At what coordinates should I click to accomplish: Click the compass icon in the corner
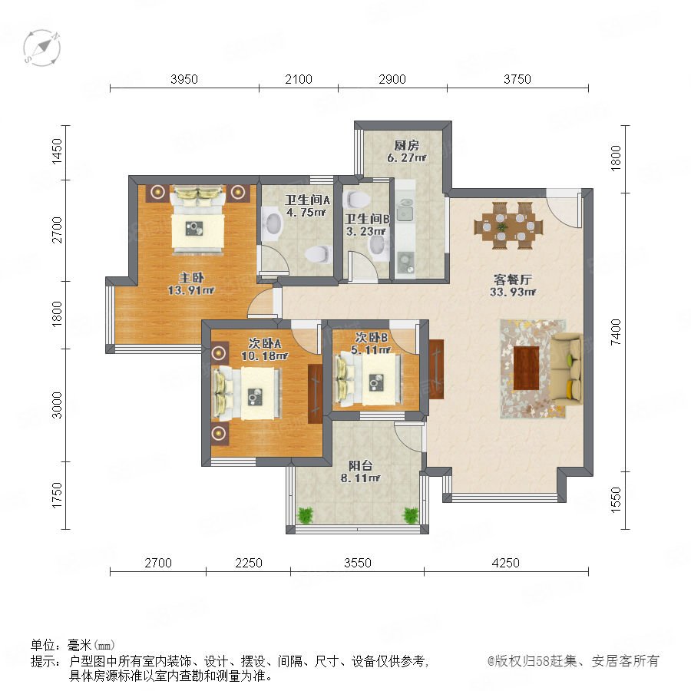click(x=42, y=48)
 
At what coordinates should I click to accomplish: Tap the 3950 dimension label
click(x=184, y=79)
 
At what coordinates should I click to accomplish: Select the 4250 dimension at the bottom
click(x=505, y=563)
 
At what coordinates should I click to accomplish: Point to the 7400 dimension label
click(x=616, y=332)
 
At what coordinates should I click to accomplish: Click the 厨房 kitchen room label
click(x=406, y=145)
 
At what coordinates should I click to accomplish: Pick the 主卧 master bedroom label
click(x=191, y=278)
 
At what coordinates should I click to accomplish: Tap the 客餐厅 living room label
click(x=513, y=279)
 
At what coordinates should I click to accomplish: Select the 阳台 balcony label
click(x=361, y=465)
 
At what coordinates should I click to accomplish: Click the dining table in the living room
click(x=508, y=226)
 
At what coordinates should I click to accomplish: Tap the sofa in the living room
click(x=567, y=368)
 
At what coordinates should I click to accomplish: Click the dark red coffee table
click(x=527, y=368)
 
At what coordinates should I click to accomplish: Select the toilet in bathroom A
click(x=318, y=255)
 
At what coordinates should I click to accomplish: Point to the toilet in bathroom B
click(x=355, y=199)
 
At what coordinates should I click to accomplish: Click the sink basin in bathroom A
click(x=273, y=225)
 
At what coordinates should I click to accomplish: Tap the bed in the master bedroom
click(x=198, y=220)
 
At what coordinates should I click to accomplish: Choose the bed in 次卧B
click(x=369, y=380)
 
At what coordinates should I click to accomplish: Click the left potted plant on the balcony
click(x=305, y=514)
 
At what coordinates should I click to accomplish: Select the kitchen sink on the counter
click(x=405, y=210)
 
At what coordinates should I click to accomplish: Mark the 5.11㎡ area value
click(x=371, y=350)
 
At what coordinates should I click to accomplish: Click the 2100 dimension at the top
click(x=299, y=79)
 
